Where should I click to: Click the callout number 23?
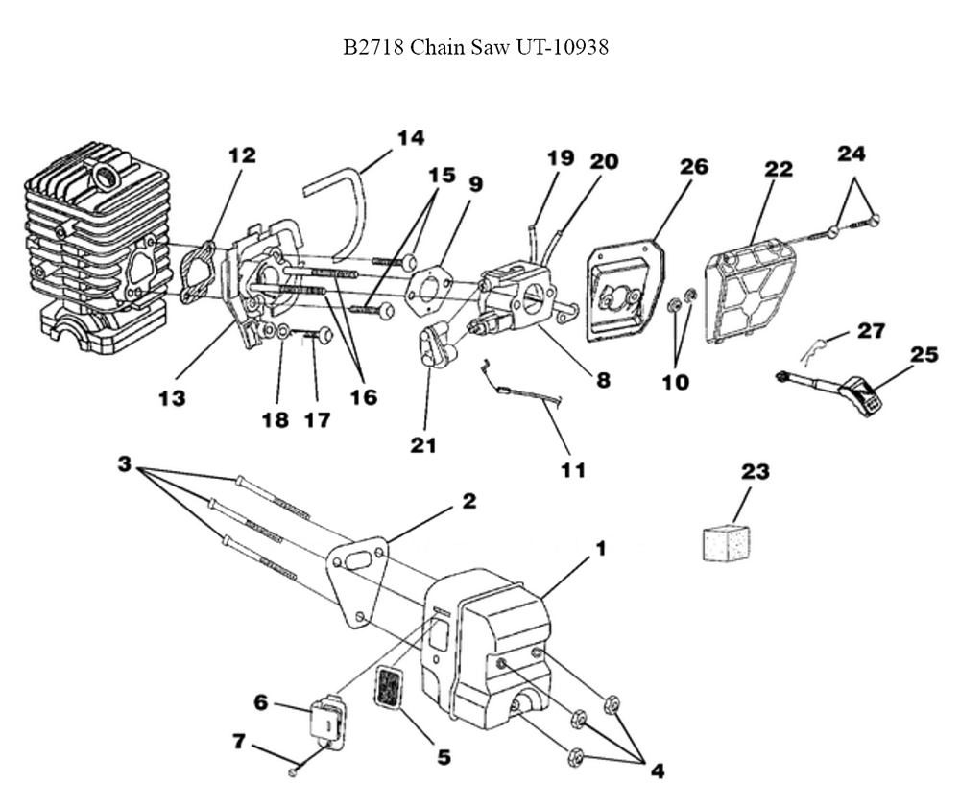point(756,471)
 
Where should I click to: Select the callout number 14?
point(410,137)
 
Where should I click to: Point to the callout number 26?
point(693,166)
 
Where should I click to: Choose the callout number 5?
point(444,756)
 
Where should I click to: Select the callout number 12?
point(242,154)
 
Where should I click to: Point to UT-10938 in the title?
point(565,47)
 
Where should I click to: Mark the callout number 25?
point(924,355)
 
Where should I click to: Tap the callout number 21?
point(423,444)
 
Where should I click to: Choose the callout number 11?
point(573,469)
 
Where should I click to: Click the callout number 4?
point(656,770)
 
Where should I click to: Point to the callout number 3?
point(124,463)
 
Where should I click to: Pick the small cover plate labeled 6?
point(324,720)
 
